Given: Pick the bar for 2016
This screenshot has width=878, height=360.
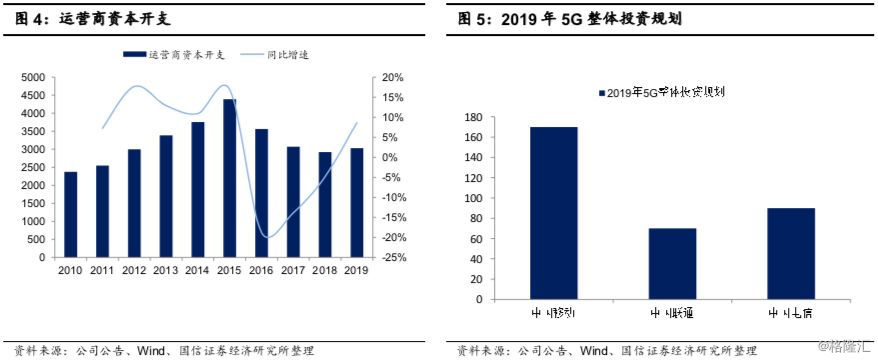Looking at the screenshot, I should [x=261, y=193].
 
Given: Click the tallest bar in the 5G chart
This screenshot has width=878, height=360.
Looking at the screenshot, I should [x=554, y=213].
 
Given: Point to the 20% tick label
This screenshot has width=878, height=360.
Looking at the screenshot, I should [x=393, y=77].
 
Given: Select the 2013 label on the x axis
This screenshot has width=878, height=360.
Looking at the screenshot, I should [x=166, y=270].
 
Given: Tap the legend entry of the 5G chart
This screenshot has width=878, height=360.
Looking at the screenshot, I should [x=663, y=92].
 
